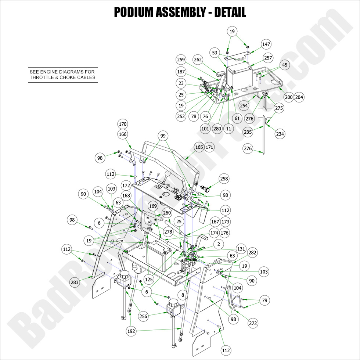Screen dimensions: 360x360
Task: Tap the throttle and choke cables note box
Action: point(62,75)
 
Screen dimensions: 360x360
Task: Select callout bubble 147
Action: point(266,44)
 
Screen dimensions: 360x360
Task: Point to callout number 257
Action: point(268,58)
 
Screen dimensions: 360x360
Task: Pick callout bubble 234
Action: point(280,134)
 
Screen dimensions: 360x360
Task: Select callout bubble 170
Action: point(123,123)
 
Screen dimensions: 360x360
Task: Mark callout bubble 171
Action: point(209,147)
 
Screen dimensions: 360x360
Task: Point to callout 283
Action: point(75,282)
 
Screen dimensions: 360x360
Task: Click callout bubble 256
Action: point(143,316)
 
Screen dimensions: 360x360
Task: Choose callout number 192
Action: point(131,331)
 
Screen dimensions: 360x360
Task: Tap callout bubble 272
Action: point(253,323)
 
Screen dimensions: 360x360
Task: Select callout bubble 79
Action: point(264,300)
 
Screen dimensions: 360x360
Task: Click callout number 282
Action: point(252,253)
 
